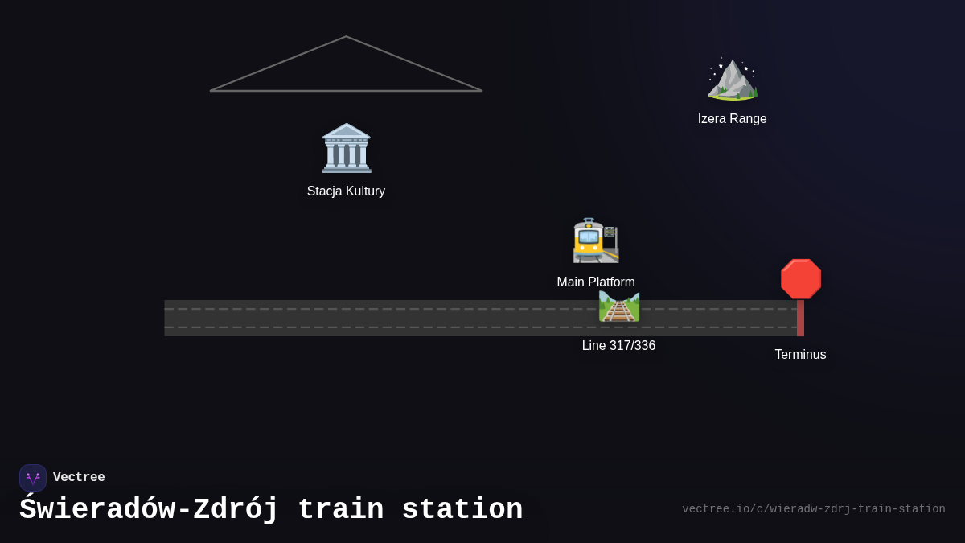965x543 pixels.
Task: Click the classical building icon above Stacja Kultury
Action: tap(347, 148)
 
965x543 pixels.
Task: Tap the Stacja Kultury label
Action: tap(346, 191)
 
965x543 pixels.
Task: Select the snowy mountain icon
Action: tap(732, 80)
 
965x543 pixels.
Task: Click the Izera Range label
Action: tap(732, 119)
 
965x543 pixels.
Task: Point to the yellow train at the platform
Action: tap(595, 241)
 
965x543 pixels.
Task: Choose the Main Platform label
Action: tap(596, 282)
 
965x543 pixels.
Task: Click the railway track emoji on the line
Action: tap(619, 306)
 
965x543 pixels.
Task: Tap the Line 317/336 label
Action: tap(618, 346)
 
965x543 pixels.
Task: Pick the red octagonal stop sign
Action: tap(800, 279)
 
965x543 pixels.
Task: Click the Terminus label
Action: tap(800, 355)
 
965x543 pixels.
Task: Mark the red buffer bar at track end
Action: tap(800, 319)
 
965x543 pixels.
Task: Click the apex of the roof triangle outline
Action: tap(347, 37)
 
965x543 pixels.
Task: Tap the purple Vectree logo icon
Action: tap(33, 478)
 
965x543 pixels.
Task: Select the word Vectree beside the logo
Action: tap(79, 478)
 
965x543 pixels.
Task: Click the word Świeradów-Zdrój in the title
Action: tap(149, 510)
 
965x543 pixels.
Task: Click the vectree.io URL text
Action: tap(813, 509)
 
